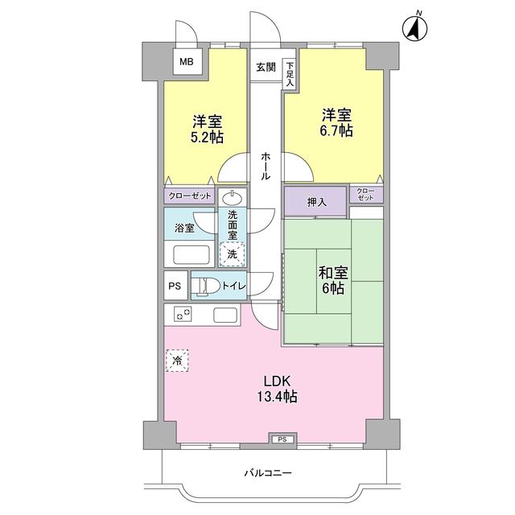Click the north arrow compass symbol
click(416, 28)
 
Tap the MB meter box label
click(186, 61)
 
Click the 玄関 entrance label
click(266, 67)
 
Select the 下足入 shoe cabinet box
click(289, 74)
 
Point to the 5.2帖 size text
click(207, 138)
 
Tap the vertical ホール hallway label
click(265, 165)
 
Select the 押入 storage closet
click(316, 201)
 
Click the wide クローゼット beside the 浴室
click(190, 196)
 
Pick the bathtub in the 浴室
click(190, 255)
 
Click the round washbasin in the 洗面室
click(233, 197)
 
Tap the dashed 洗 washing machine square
click(232, 253)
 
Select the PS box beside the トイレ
click(174, 286)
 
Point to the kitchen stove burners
click(181, 313)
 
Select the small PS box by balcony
click(282, 439)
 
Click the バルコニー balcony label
click(268, 472)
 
